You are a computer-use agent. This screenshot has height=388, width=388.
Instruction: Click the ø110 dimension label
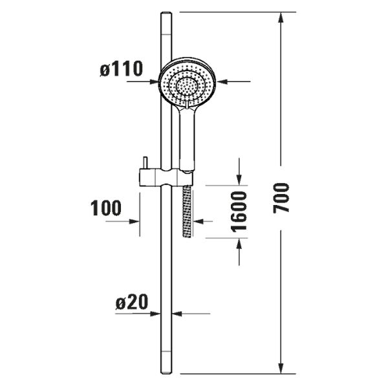(x=122, y=69)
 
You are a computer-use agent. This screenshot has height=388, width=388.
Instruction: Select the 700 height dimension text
(x=281, y=198)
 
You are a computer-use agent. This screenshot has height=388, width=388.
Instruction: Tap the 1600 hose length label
(x=239, y=211)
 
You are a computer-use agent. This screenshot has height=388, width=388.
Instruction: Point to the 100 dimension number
(x=106, y=208)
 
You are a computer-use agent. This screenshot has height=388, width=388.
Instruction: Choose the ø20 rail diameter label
(x=132, y=302)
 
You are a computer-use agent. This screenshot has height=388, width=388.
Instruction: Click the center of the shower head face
(x=187, y=85)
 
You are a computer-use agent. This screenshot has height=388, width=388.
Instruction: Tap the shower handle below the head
(x=187, y=138)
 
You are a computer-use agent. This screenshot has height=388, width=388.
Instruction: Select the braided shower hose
(x=187, y=211)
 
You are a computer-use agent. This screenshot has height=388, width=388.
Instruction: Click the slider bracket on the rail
(x=166, y=177)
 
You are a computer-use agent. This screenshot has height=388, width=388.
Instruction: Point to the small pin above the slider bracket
(x=145, y=163)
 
